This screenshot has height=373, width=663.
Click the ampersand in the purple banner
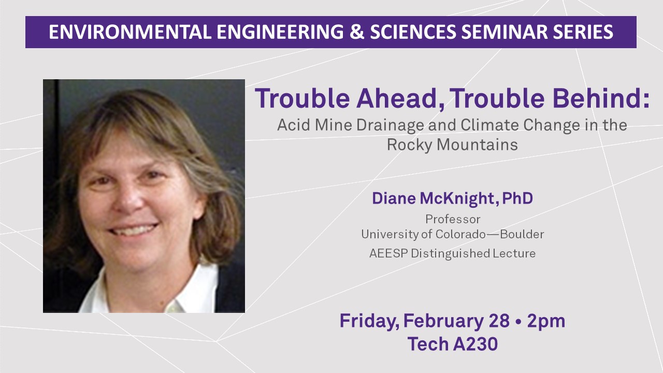[x=357, y=32]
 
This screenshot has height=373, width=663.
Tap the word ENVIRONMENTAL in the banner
[x=130, y=32]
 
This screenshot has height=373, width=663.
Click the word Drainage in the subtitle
[x=390, y=125]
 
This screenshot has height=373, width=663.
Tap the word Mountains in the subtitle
[x=477, y=145]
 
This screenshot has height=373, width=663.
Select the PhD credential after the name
[x=517, y=198]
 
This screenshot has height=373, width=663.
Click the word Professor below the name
[x=453, y=219]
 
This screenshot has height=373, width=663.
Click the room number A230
[x=475, y=345]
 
